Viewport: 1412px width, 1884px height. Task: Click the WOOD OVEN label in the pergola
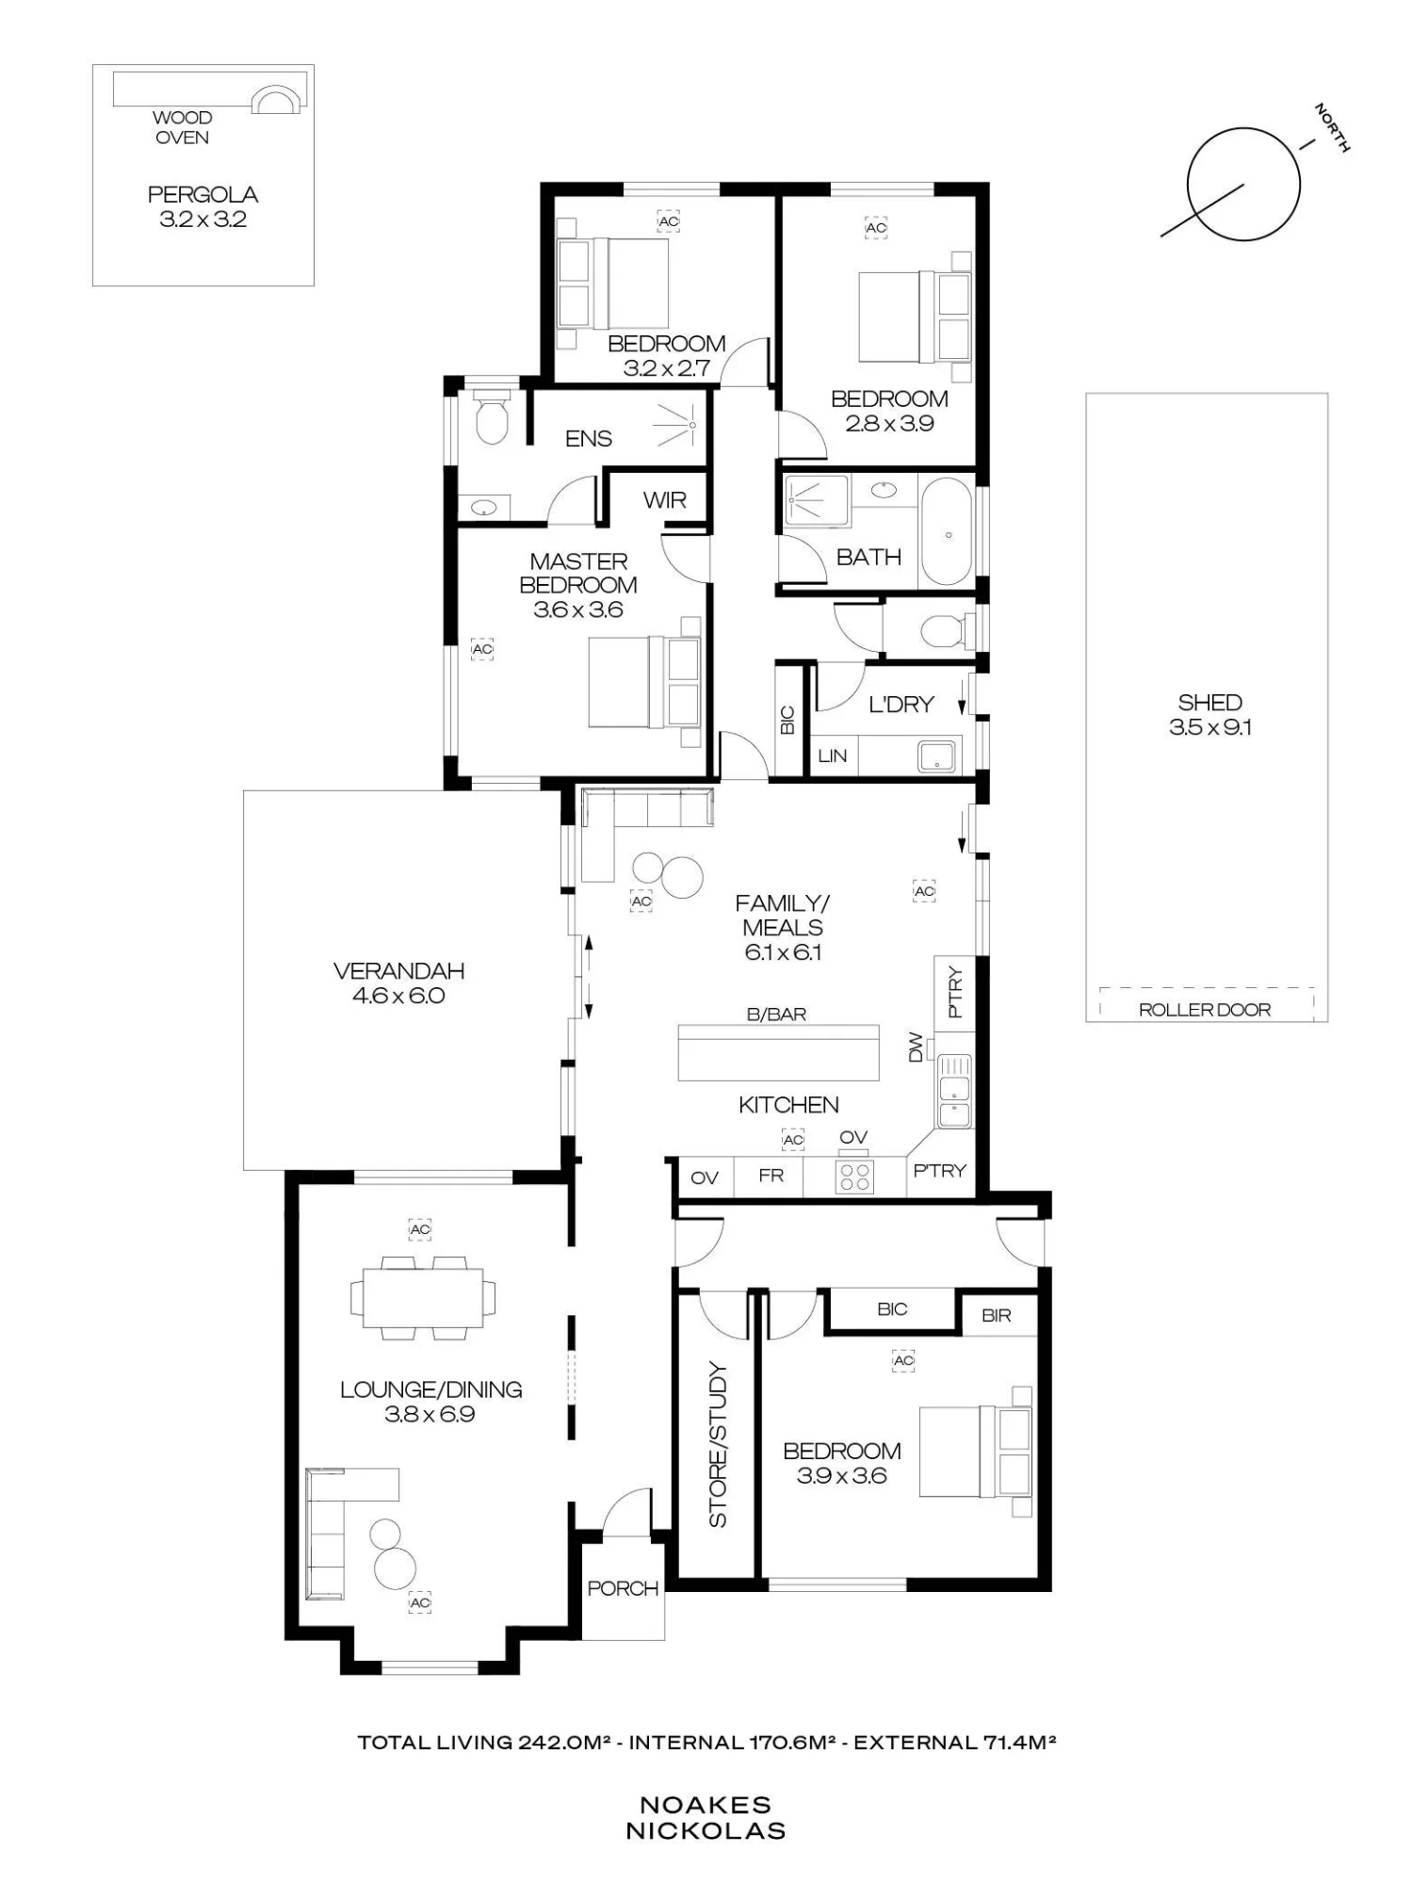coord(183,127)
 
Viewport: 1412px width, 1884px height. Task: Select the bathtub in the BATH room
coord(946,532)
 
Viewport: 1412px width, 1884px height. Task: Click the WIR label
coord(665,500)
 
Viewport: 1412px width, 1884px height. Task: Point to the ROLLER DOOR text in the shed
coord(1205,1010)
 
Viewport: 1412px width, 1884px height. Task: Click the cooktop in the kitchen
coord(855,1177)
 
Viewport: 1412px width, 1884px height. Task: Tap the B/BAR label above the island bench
coord(776,1015)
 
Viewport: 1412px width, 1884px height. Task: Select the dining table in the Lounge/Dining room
coord(423,1297)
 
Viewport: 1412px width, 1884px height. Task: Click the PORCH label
coord(623,1588)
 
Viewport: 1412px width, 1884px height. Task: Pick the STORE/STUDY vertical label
coord(718,1445)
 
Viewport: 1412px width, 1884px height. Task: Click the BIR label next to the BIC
coord(996,1315)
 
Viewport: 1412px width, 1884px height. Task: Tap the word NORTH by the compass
coord(1332,128)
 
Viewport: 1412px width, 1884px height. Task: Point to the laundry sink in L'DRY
coord(937,756)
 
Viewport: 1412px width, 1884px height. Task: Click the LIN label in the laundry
coord(833,755)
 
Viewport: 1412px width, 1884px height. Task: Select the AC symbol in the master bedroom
coord(482,649)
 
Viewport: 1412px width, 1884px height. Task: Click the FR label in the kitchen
coord(771,1176)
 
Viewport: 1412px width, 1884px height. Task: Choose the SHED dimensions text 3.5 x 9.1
coord(1210,727)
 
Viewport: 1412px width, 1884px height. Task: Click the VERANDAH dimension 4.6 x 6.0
coord(398,996)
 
